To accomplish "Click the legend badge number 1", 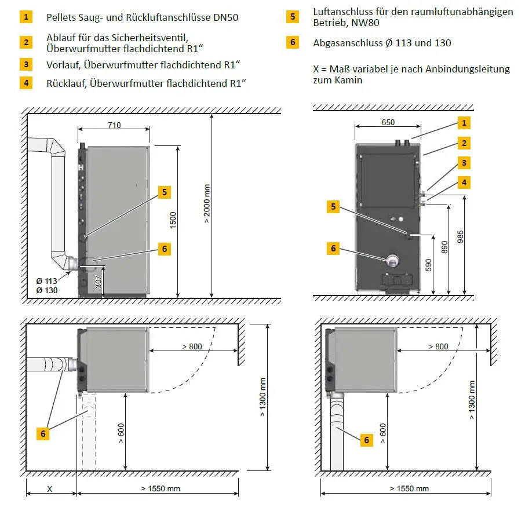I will [x=26, y=17].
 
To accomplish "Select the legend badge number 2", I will [x=26, y=42].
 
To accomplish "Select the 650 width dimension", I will [x=388, y=122].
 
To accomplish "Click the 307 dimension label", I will [x=99, y=282].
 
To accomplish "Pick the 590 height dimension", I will [x=429, y=265].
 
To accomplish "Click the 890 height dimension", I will [x=444, y=248].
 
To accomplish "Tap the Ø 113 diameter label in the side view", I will [x=47, y=280].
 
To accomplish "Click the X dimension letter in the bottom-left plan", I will [x=50, y=488].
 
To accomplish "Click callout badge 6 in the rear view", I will [x=333, y=248].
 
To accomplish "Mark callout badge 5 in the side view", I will [x=165, y=192].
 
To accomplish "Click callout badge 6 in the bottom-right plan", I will [x=366, y=440].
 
